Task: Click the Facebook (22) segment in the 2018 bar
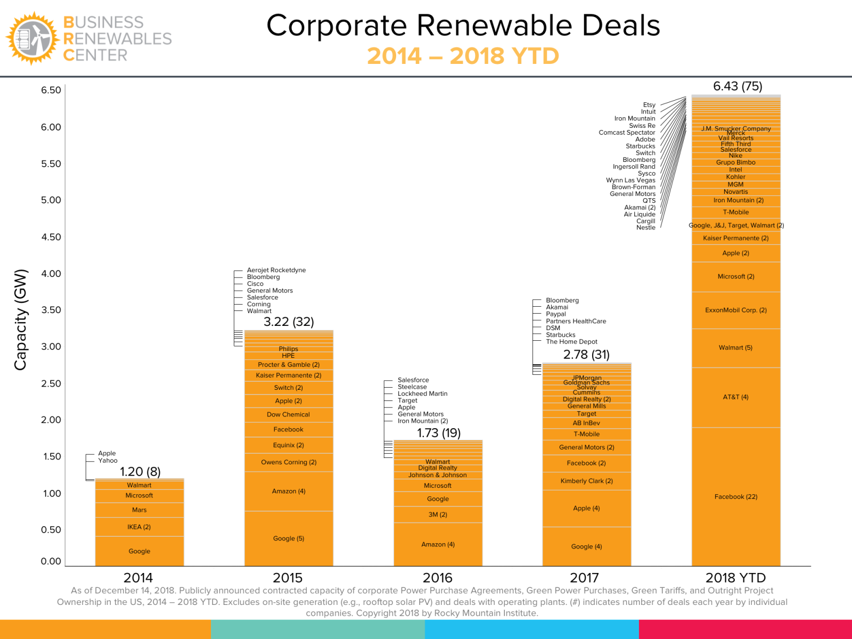(735, 497)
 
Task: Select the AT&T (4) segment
(735, 397)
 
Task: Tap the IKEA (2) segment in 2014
(139, 527)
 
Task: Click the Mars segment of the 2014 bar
(139, 510)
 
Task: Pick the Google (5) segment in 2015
(289, 538)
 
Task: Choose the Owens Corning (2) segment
(289, 462)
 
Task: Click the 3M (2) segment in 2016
(438, 514)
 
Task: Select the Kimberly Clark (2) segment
(586, 481)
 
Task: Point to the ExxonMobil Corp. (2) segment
(735, 310)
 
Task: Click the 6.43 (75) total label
(738, 86)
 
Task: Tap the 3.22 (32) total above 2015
(289, 322)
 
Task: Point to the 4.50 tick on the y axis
(51, 237)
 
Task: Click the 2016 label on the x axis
(437, 578)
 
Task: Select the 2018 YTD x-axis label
(735, 578)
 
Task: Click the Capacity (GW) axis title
(20, 319)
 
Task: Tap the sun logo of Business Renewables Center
(31, 38)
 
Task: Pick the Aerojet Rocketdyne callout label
(276, 270)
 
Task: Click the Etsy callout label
(649, 105)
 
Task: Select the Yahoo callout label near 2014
(108, 461)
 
